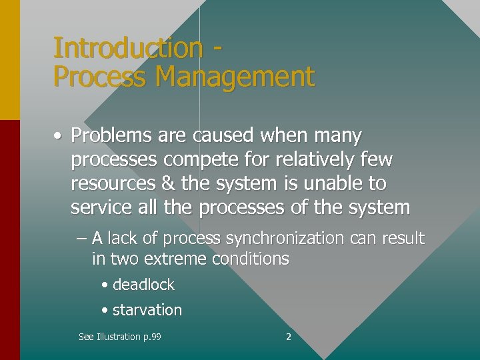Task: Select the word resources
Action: coord(111,184)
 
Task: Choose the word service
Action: coord(101,207)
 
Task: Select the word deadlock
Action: coord(143,285)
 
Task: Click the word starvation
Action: coord(147,310)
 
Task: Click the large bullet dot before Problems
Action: coord(59,137)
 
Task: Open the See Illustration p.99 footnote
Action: coord(119,337)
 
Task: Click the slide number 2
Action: coord(288,337)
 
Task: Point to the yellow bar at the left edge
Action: coord(9,60)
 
